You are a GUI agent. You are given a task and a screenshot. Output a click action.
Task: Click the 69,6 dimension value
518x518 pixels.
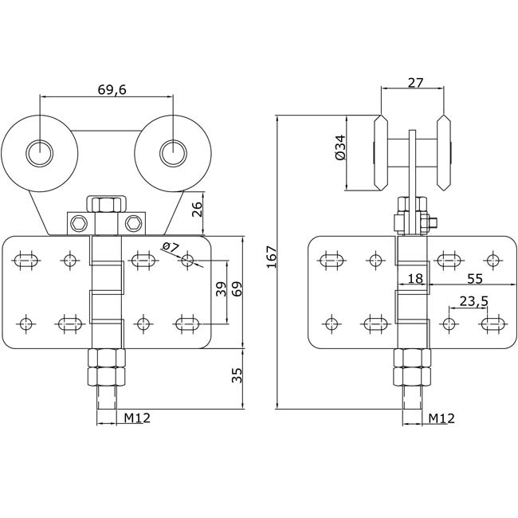[112, 89]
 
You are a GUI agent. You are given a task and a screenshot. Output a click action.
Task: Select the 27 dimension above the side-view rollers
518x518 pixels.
[415, 83]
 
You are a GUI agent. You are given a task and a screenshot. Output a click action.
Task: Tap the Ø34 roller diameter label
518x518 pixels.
[340, 147]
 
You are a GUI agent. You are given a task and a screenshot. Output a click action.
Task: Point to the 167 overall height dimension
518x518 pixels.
[272, 257]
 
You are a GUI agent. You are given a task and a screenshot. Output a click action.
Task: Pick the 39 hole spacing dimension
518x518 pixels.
[221, 288]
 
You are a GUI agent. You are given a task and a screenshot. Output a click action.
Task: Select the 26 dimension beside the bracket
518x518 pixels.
[197, 209]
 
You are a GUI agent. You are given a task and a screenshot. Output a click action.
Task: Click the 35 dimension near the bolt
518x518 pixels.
[237, 375]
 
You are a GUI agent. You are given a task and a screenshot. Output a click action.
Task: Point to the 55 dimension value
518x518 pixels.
[475, 279]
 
